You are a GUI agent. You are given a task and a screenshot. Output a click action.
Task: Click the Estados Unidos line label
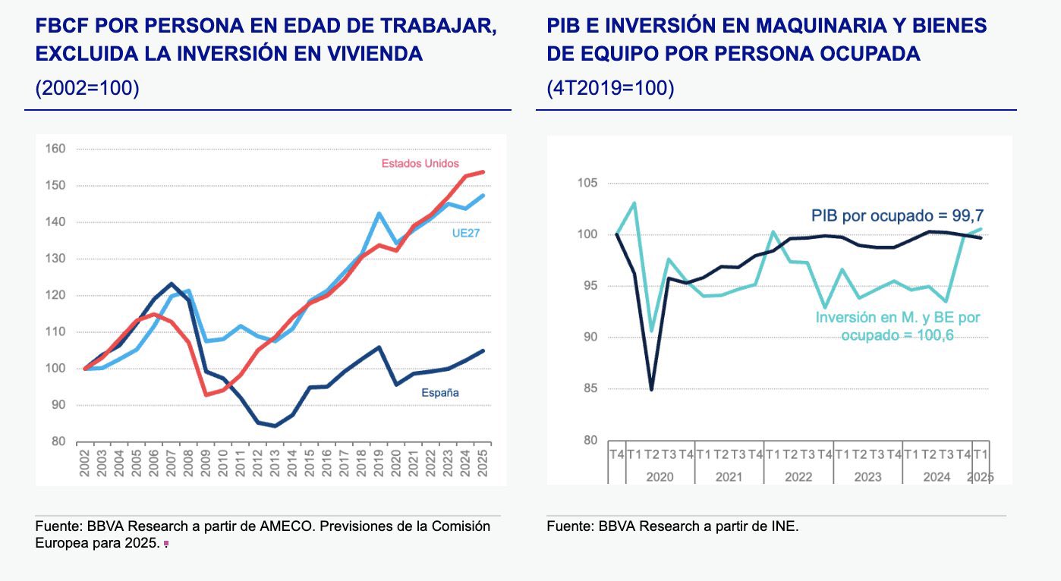pos(420,163)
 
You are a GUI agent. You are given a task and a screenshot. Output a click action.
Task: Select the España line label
pos(440,393)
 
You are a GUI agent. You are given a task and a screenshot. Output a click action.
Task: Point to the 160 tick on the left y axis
pos(57,149)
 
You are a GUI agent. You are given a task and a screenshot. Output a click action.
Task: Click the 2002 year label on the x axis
pos(85,463)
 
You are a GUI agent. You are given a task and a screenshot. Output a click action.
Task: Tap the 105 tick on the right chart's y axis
pos(587,183)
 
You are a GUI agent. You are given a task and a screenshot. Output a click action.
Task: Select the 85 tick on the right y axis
pos(590,389)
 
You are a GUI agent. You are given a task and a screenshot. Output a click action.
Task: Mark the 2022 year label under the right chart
pos(798,477)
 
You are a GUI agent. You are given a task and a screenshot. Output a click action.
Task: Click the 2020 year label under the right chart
pos(659,477)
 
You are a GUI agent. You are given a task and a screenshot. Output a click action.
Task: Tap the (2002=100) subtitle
pos(87,87)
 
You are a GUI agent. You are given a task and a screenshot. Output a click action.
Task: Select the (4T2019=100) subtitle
pos(610,87)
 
